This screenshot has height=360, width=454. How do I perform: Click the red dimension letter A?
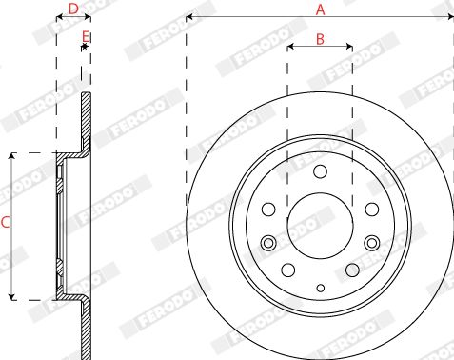tap(321, 10)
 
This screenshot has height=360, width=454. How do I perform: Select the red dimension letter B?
tap(320, 39)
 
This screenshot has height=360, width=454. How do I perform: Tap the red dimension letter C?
tap(5, 222)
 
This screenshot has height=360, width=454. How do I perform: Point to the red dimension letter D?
tap(73, 9)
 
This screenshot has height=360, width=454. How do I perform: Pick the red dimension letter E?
tap(86, 37)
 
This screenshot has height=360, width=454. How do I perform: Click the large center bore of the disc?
tap(320, 226)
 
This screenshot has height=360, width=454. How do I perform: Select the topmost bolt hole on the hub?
tap(320, 171)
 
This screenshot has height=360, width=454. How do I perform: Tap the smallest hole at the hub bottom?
tap(321, 288)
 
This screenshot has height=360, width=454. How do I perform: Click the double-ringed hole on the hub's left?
tap(268, 243)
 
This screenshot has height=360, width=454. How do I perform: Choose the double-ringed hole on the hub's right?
tap(372, 243)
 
